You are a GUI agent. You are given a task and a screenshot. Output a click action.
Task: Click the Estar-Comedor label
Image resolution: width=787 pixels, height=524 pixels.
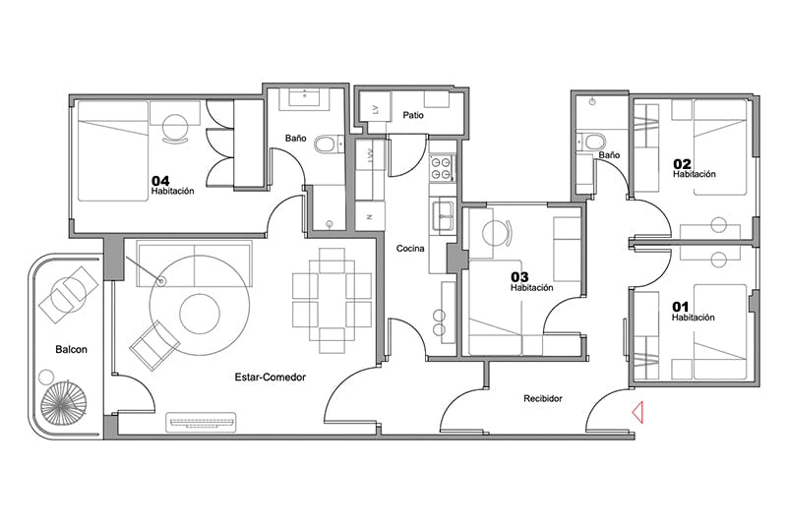click(270, 378)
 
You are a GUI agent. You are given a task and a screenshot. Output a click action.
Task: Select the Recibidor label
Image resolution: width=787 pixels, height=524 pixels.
click(543, 398)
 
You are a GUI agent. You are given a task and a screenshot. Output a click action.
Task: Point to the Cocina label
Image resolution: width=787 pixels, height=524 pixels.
click(410, 248)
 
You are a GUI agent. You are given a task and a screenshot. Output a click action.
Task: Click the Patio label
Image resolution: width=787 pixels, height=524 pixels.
click(413, 115)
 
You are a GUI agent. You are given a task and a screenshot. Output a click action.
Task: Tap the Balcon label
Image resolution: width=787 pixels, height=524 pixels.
click(71, 350)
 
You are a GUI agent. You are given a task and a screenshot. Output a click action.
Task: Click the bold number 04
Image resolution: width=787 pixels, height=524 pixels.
click(160, 181)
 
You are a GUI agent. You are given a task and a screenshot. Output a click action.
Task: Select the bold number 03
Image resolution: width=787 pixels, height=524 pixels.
click(520, 277)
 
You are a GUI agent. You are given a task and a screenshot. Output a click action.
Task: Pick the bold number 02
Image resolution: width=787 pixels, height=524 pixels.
click(682, 163)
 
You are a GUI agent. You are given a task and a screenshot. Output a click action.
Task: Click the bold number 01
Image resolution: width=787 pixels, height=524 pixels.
click(681, 307)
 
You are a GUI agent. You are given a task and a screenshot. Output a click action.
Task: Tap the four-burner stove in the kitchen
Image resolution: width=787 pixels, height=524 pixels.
click(442, 168)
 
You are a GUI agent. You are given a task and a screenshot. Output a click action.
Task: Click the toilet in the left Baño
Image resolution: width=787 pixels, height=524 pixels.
click(328, 145)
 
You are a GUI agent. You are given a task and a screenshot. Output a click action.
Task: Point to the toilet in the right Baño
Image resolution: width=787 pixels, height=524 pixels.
click(592, 142)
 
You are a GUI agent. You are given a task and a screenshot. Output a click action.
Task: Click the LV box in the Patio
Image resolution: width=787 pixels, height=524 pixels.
click(375, 109)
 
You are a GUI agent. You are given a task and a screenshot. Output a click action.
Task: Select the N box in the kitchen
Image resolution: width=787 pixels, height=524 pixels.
click(370, 216)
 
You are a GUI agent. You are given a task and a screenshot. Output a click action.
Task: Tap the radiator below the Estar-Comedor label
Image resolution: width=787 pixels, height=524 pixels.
click(202, 422)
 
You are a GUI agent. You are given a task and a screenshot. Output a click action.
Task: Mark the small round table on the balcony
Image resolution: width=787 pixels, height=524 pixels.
click(46, 377)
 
